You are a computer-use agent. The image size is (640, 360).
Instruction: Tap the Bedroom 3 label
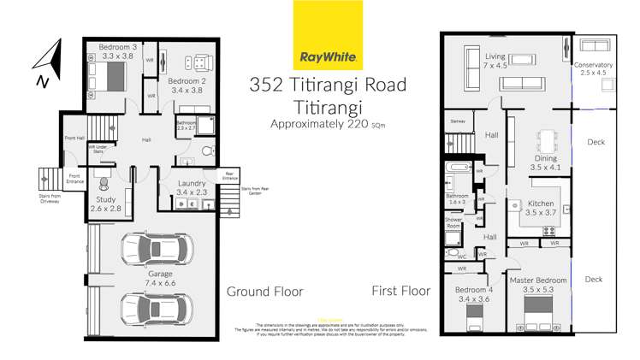coord(117,46)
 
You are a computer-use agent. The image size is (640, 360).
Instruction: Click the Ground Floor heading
coord(264,292)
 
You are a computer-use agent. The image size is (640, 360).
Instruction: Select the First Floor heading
coord(400,292)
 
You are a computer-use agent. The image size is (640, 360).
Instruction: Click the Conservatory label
coord(593,65)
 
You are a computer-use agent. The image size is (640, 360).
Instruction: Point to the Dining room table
coord(544,139)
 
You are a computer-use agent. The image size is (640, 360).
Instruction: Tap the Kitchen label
coord(542,203)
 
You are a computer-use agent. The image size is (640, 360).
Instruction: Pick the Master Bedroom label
coord(539,280)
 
